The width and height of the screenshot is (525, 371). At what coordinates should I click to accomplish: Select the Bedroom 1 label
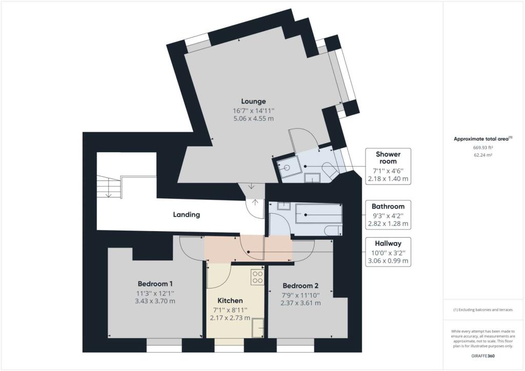click(x=155, y=283)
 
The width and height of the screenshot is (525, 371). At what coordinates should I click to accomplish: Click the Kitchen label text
click(x=230, y=300)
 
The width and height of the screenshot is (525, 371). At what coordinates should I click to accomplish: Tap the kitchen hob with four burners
click(x=257, y=277)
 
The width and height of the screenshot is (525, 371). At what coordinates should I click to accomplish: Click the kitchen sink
click(x=258, y=326)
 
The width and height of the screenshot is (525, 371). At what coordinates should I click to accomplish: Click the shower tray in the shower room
click(x=287, y=167)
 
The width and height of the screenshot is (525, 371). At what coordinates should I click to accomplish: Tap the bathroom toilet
click(x=334, y=231)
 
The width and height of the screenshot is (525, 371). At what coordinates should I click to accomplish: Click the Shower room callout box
click(x=388, y=166)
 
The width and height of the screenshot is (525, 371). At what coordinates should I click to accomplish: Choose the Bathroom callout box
click(x=388, y=215)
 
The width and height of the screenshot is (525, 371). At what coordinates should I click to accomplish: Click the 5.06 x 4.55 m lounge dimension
click(x=253, y=118)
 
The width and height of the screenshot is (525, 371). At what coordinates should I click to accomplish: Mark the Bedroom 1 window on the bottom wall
click(x=164, y=348)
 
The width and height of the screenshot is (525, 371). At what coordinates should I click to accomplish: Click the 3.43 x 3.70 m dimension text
click(x=155, y=301)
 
